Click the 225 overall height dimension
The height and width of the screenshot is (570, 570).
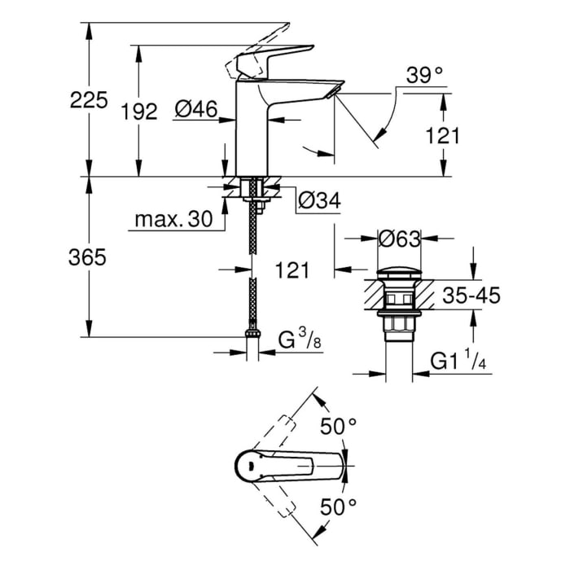(x=89, y=100)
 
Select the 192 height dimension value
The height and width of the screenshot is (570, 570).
(x=139, y=111)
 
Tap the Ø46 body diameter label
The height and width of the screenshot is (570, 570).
(x=195, y=108)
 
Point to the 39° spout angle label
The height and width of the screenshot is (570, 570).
(x=425, y=76)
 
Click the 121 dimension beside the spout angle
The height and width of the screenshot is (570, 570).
(x=444, y=134)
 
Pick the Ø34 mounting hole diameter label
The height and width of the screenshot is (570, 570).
(x=318, y=199)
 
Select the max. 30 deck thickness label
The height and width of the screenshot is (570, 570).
(x=173, y=219)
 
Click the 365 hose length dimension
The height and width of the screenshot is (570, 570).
(x=89, y=257)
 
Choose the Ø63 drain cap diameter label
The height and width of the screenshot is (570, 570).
(x=400, y=239)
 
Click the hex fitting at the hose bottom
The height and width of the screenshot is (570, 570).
(x=253, y=333)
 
